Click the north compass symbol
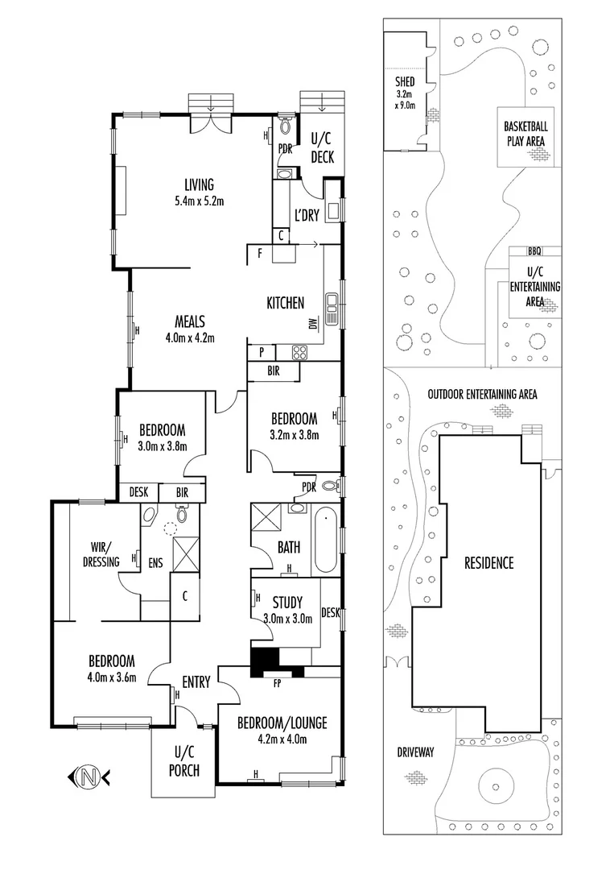point(89,777)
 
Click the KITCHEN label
point(286,303)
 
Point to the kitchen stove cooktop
point(299,351)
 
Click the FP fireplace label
point(277,683)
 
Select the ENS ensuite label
point(155,562)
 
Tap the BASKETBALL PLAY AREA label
point(525,134)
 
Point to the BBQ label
point(535,251)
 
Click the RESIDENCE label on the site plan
point(488,563)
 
